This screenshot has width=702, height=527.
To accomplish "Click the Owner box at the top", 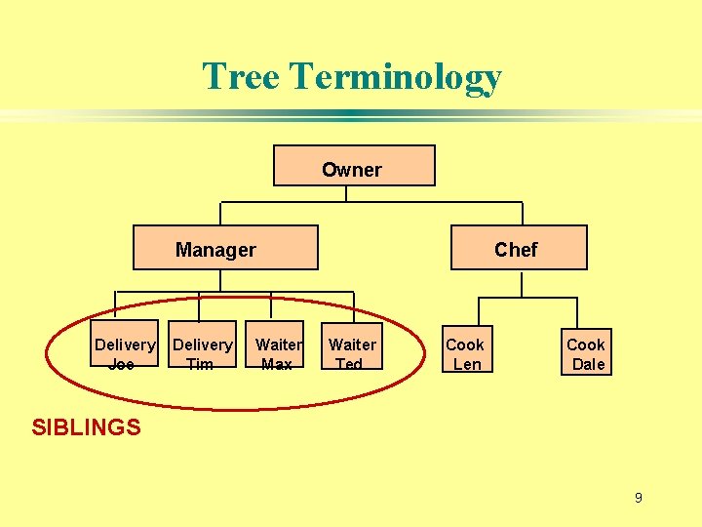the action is [353, 166].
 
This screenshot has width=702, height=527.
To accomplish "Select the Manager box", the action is [225, 248].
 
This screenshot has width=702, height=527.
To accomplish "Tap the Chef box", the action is [519, 248].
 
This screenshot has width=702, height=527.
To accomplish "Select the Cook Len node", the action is [465, 352].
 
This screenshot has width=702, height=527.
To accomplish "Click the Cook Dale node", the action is [588, 352].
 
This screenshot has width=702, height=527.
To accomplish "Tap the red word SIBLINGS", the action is [86, 426].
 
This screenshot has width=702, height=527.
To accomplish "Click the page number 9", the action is [638, 498].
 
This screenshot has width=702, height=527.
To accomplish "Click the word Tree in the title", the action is [241, 76].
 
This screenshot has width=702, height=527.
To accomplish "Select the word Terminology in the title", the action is [396, 78].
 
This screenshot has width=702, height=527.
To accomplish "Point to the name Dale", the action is [588, 364].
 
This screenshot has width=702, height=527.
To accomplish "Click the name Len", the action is [467, 364].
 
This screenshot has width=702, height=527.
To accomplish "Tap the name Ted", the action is [348, 364].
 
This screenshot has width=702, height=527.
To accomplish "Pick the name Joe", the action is [121, 364].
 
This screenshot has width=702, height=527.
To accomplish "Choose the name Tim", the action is [199, 364].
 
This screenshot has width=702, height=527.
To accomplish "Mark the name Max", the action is [276, 364].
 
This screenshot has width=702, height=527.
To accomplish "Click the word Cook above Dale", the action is [586, 345].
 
